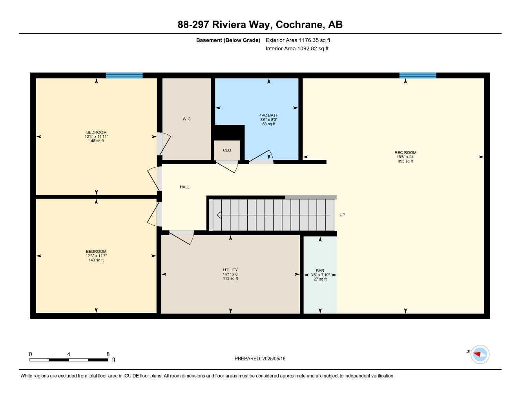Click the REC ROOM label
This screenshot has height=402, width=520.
pos(405,152)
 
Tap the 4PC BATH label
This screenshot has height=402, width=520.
pos(269,115)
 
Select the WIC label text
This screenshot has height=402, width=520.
pos(186,119)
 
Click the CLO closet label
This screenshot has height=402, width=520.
pos(227,150)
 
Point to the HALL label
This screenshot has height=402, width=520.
pos(184,187)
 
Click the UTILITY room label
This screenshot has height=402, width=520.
pos(230,270)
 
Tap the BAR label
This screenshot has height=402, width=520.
pos(320,270)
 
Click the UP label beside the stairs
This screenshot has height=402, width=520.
pos(342,215)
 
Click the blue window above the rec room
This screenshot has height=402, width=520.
pos(418,75)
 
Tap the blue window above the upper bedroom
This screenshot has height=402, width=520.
pos(124,75)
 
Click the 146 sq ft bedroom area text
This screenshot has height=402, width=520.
pos(96,141)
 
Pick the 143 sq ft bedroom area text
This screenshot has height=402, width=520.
pos(96,260)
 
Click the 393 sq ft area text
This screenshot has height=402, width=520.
pos(405,161)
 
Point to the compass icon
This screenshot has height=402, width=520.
pos(480,354)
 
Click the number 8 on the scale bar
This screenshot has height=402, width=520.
pos(108,354)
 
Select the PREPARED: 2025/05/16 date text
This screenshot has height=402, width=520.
pos(260,358)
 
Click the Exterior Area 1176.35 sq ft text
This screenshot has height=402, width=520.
pos(298,40)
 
